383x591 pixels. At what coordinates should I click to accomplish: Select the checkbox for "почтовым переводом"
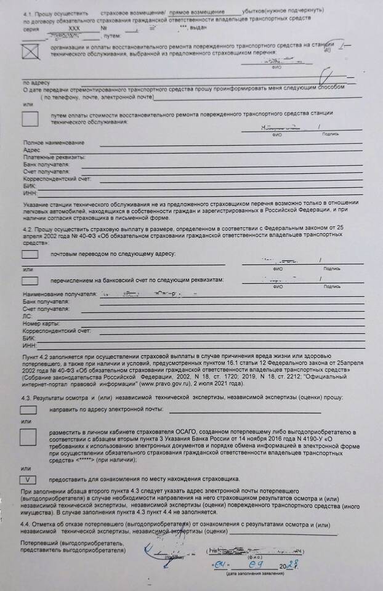(30, 254)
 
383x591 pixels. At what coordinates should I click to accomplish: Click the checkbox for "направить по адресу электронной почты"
(29, 409)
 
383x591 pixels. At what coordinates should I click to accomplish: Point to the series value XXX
(74, 29)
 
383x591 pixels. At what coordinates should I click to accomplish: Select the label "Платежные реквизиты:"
(47, 158)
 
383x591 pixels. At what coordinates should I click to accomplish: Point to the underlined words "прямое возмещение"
(208, 12)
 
